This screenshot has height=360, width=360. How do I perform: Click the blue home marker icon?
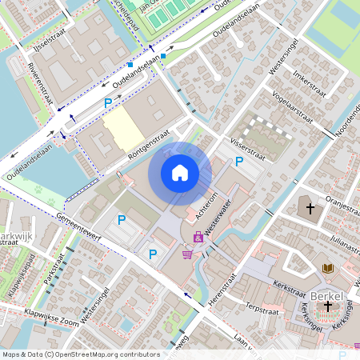click(x=180, y=173)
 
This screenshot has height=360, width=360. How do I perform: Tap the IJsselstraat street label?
click(x=45, y=50)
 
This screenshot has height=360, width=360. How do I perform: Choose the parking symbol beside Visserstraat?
click(x=239, y=162)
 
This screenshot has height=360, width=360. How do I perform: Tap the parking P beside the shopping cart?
click(x=152, y=254)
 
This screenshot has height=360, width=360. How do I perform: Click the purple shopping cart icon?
click(x=186, y=254)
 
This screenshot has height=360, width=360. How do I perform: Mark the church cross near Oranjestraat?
click(x=310, y=208)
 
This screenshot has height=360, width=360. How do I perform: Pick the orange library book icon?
click(x=326, y=268)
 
